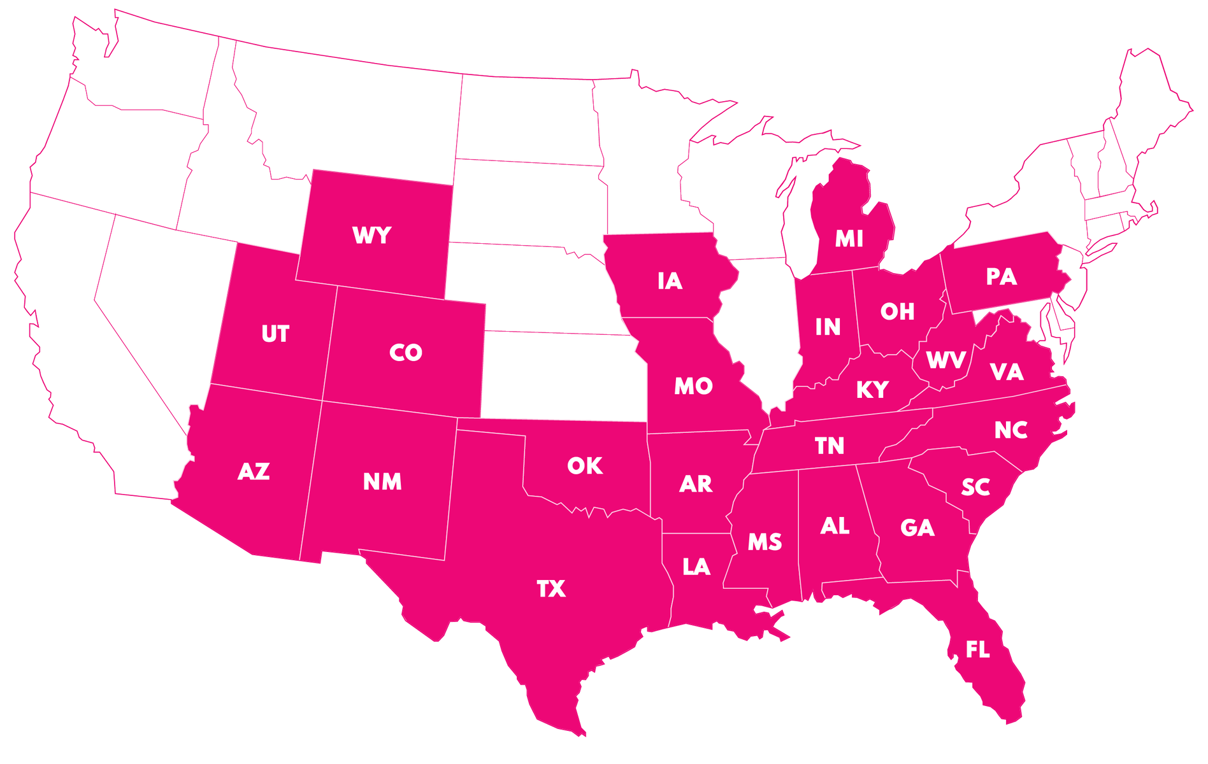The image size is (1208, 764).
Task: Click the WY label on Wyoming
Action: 371,236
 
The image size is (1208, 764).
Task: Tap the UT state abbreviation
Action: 275,334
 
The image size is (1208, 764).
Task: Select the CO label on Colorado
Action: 406,353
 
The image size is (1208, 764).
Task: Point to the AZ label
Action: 254,472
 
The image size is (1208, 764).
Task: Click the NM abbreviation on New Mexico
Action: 382,482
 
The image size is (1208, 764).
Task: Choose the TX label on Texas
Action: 551,589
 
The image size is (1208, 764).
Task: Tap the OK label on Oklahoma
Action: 585,466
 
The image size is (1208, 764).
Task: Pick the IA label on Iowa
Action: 670,281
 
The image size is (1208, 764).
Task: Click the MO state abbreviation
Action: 693,386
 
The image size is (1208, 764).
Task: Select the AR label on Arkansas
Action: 695,485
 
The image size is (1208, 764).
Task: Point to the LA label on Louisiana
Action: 696,567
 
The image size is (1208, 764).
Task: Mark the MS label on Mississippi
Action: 765,542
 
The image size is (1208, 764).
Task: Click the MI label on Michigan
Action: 849,239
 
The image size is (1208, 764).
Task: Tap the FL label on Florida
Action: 977,650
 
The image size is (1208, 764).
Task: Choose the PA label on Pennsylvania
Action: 1001,277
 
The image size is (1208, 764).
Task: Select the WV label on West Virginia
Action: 946,361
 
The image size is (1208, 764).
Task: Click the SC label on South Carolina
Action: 975,488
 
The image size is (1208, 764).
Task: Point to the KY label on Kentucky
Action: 872,390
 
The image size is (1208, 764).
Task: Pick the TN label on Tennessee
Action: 830,446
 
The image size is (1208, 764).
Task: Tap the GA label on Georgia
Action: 917,528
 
